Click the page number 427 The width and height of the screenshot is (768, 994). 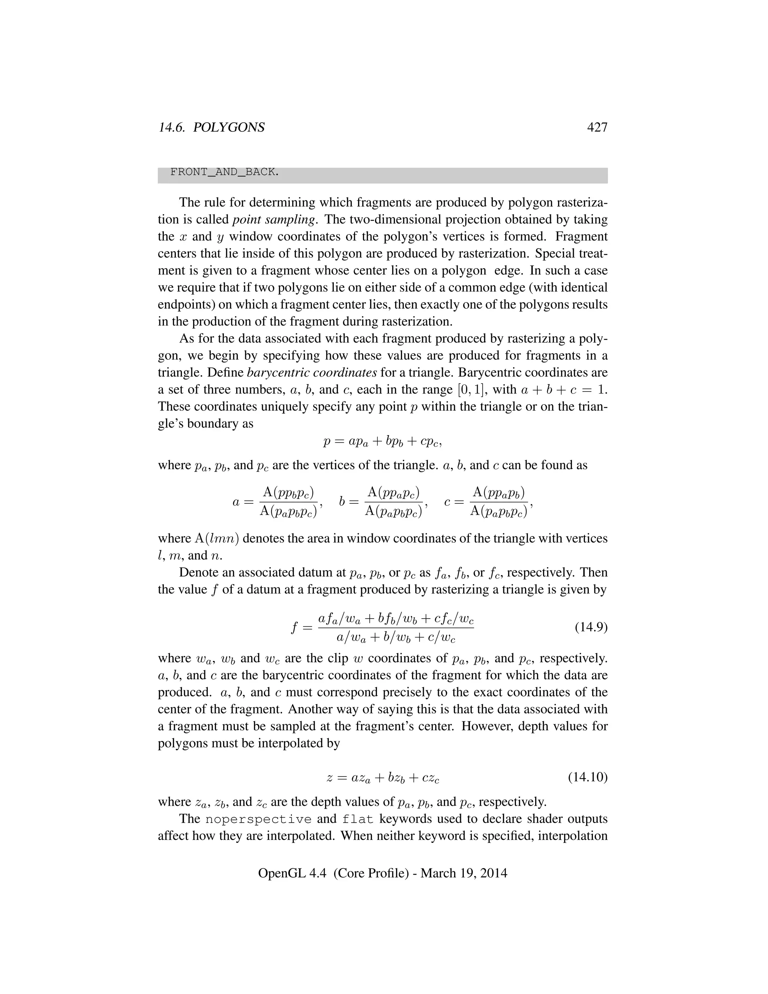597,128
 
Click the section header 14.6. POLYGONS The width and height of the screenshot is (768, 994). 211,128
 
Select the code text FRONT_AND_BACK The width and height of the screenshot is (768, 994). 224,172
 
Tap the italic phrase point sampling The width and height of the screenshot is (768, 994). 273,219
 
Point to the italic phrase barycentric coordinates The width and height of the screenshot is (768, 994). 312,372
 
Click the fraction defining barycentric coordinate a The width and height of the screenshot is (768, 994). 288,502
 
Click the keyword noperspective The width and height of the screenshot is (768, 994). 258,819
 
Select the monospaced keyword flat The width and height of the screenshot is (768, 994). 358,819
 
